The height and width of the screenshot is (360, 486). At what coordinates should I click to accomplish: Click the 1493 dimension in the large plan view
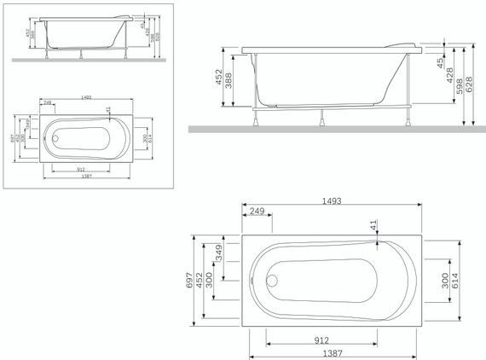pos(331,201)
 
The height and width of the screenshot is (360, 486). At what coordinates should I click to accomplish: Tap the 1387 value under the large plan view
pos(334,352)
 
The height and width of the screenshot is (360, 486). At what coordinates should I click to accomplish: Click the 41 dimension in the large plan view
pos(373,224)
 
